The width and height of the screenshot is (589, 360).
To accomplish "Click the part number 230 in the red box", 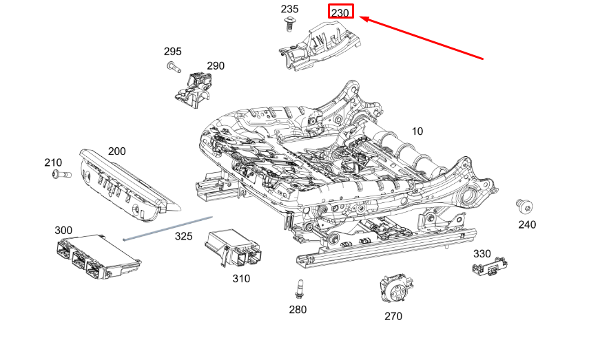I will point(340,12).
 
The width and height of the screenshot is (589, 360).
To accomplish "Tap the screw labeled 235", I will point(289,25).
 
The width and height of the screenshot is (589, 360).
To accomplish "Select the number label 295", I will point(172,52).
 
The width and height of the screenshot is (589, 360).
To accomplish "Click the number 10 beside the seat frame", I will point(417,131).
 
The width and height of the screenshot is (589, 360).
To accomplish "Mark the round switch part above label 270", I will point(395,288).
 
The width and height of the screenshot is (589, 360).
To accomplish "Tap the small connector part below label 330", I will point(490,266).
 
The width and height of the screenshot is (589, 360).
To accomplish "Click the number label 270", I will point(393,316).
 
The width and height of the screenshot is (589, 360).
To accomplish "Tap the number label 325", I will point(183,236).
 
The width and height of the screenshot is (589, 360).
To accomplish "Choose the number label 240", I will point(527,224).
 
